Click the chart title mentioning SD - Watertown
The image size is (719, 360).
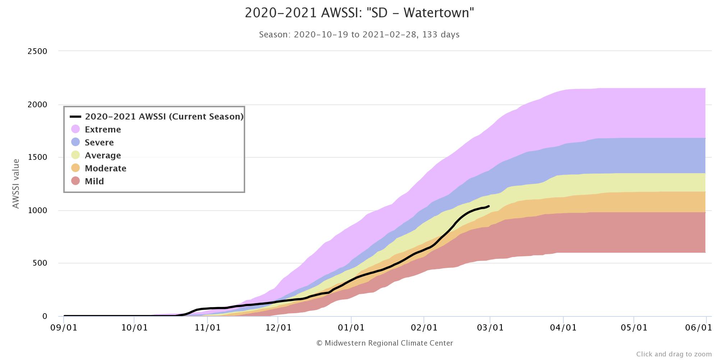click(x=359, y=13)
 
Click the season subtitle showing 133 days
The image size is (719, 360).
click(x=359, y=35)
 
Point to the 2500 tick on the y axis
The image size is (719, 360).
click(x=37, y=51)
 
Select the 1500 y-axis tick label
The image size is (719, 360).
click(x=37, y=157)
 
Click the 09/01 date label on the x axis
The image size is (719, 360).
click(x=64, y=328)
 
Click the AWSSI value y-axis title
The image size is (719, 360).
click(x=16, y=184)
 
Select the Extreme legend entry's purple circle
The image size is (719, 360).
click(x=75, y=129)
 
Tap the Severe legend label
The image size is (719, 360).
click(x=99, y=143)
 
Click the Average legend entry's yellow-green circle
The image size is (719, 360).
click(x=75, y=155)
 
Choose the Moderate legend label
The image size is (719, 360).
click(x=105, y=168)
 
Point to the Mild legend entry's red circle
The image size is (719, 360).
click(x=75, y=181)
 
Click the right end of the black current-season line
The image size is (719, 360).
click(x=489, y=206)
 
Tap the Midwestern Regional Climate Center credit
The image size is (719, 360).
click(x=384, y=343)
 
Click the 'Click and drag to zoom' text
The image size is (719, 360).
click(x=674, y=354)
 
